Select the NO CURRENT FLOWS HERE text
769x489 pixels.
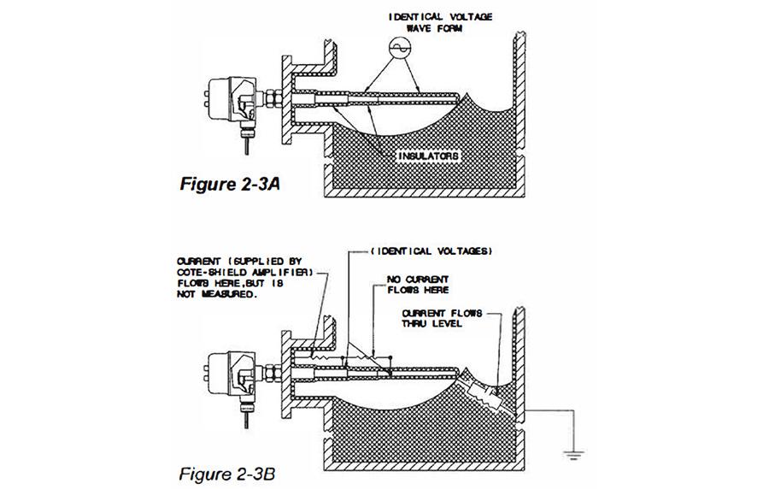point(419,284)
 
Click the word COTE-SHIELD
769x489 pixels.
point(208,273)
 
